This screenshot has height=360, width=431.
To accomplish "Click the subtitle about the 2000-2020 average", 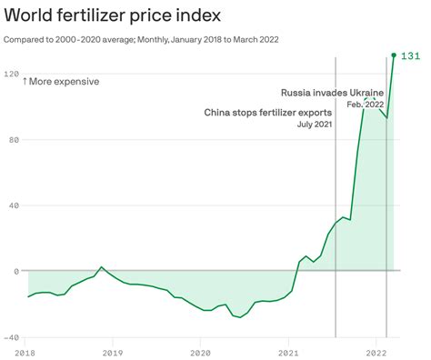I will [141, 40].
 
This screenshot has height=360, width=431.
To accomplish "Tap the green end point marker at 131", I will [394, 55].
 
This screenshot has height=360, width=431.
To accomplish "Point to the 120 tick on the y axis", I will [12, 73].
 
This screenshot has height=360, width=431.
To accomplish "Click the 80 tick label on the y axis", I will [12, 139].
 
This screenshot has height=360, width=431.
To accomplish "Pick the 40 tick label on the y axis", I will [12, 205].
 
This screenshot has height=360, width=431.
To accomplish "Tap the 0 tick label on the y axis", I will [15, 271].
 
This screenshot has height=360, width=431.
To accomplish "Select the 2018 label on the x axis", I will [27, 352].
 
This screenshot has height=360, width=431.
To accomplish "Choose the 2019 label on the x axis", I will [113, 352].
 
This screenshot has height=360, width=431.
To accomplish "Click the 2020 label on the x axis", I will [200, 352].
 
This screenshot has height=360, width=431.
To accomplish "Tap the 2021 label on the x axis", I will [288, 352].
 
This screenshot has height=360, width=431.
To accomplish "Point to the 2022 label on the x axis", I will [376, 352].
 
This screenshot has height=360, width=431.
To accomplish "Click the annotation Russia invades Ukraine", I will [332, 92].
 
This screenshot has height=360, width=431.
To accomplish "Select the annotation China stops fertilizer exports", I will [268, 112].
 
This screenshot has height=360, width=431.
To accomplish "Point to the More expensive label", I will [64, 82].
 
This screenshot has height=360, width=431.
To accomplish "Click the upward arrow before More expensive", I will [25, 82].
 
